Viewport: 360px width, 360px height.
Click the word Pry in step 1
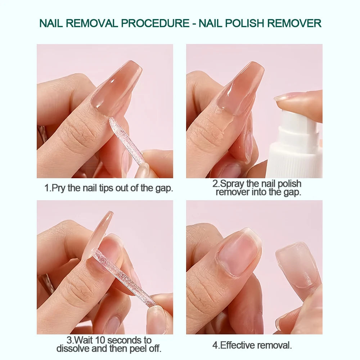(x=59, y=188)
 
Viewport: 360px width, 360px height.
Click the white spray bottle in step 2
(x=295, y=148)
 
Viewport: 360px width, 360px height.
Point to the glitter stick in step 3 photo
(x=122, y=277)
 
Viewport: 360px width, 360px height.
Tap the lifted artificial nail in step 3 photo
(x=97, y=234)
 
